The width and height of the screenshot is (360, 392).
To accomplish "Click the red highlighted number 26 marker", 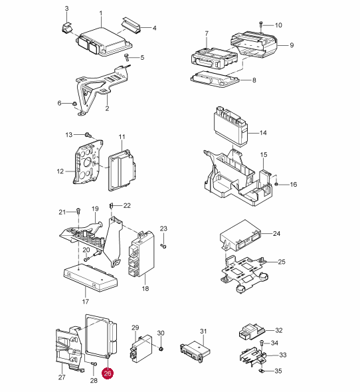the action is coord(108,373).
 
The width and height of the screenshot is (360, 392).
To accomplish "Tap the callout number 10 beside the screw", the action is coord(278,25).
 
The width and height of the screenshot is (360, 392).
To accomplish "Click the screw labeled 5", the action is coord(127,58).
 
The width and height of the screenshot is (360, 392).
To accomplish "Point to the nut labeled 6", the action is coord(74,104).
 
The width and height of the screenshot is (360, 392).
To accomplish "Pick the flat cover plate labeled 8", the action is coord(215,79).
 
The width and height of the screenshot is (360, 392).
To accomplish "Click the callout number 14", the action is coord(263,133).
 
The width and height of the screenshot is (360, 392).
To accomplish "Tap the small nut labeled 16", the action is coord(276,184).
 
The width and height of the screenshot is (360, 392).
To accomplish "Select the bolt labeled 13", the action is coord(88,135).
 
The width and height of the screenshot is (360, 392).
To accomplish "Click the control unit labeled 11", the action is coord(122,170).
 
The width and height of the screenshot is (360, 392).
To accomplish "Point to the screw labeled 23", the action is coord(163,246).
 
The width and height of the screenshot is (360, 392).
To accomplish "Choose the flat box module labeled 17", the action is coord(91,278).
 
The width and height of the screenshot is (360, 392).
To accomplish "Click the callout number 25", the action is coord(282,262).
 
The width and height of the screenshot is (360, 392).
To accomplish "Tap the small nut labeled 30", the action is coord(161,348).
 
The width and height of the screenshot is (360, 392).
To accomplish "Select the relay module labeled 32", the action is coord(252,332).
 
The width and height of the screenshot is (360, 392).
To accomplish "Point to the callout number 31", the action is coord(203,332).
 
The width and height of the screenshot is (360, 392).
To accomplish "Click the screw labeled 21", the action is coord(78,211).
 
